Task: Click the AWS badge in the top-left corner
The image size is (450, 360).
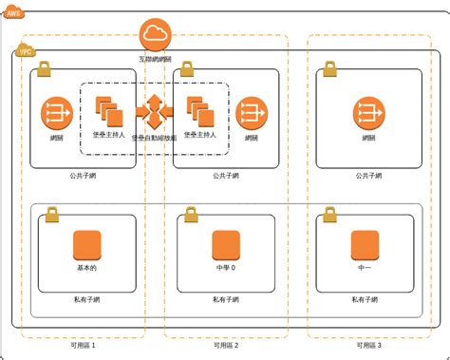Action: tap(13, 13)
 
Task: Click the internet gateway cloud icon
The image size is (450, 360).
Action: tap(154, 36)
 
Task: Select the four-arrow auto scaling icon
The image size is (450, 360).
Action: tap(154, 113)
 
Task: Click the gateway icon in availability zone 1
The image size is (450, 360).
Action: tap(56, 114)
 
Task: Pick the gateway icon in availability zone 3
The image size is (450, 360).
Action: tap(368, 114)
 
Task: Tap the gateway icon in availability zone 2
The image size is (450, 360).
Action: tap(252, 114)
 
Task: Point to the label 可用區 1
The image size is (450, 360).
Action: tap(84, 346)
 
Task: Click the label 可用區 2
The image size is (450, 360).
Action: tap(226, 346)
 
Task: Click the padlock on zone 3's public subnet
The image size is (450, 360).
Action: tap(329, 69)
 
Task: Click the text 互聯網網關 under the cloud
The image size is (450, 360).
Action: tap(154, 59)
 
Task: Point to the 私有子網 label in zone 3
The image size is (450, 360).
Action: tap(366, 300)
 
